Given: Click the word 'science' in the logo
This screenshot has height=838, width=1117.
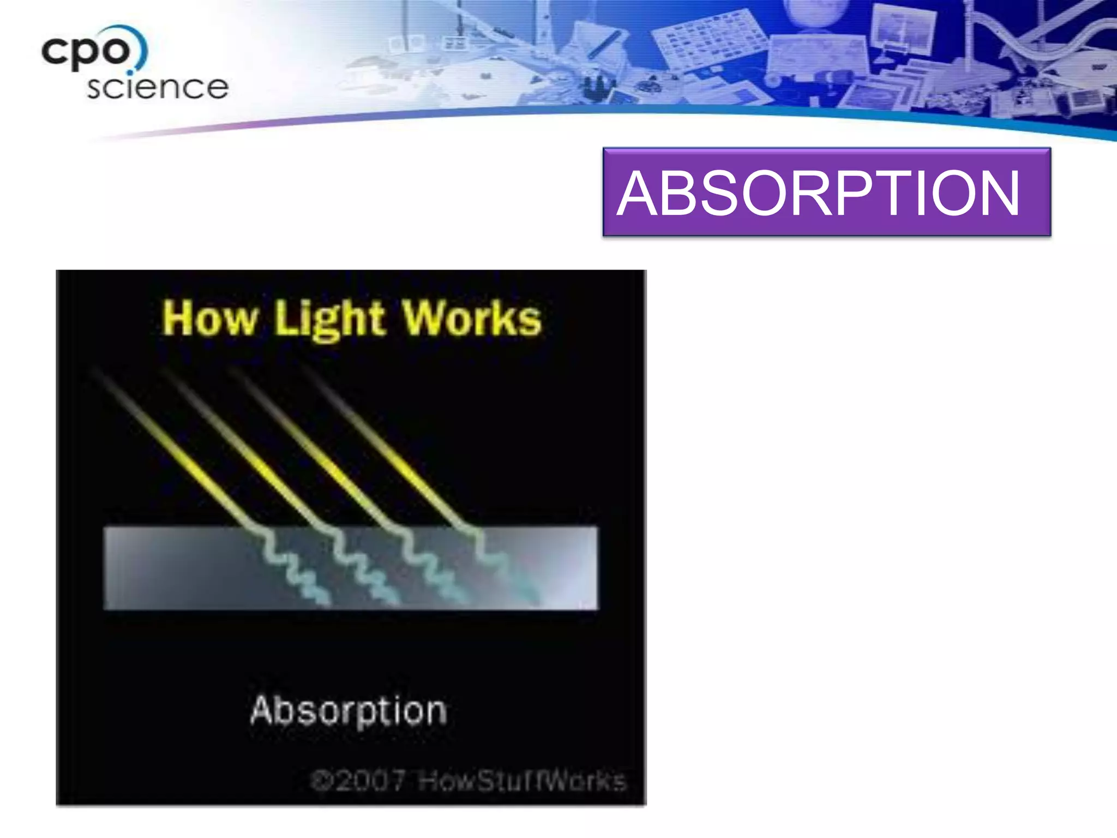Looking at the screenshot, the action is click(157, 88).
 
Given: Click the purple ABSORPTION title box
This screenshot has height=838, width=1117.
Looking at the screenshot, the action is click(826, 191).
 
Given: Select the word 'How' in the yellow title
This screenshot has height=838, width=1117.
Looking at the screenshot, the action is click(209, 319).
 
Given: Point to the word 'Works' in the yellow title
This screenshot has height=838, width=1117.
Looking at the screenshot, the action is click(472, 319).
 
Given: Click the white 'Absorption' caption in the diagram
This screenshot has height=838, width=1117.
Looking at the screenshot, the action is click(349, 711).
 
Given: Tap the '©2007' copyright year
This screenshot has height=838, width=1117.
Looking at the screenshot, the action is click(358, 781).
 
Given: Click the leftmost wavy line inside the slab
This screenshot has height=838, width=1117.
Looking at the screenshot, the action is click(289, 567).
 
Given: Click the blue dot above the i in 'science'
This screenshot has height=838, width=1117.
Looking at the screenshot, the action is click(130, 72).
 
